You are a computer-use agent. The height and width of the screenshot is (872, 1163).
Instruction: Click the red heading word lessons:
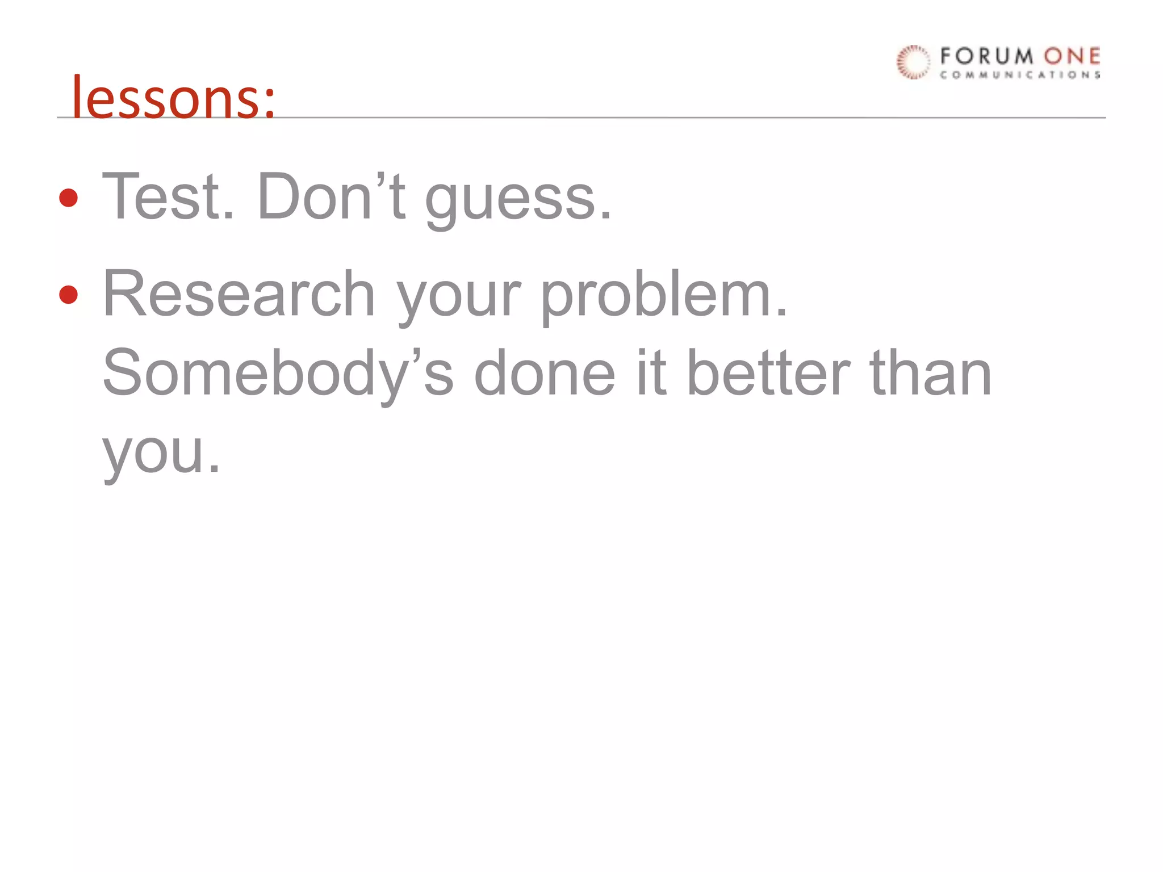tap(173, 98)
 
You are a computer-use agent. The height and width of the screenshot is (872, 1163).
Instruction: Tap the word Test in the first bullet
tap(168, 196)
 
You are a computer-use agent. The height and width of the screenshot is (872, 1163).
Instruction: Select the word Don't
tap(331, 196)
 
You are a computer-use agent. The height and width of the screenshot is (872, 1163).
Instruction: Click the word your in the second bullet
tap(458, 298)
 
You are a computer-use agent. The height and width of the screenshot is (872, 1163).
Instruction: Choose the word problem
tap(663, 295)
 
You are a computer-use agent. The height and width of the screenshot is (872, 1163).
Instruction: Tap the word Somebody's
tap(278, 375)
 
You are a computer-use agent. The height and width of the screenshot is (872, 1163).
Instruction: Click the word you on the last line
tap(160, 454)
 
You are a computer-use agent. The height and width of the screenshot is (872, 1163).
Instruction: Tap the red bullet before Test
tap(69, 198)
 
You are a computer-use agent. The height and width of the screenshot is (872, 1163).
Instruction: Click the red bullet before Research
tap(69, 295)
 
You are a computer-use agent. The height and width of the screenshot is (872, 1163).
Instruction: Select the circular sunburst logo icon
tap(913, 62)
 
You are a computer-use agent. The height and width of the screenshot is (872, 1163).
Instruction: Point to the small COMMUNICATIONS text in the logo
tap(1020, 75)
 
